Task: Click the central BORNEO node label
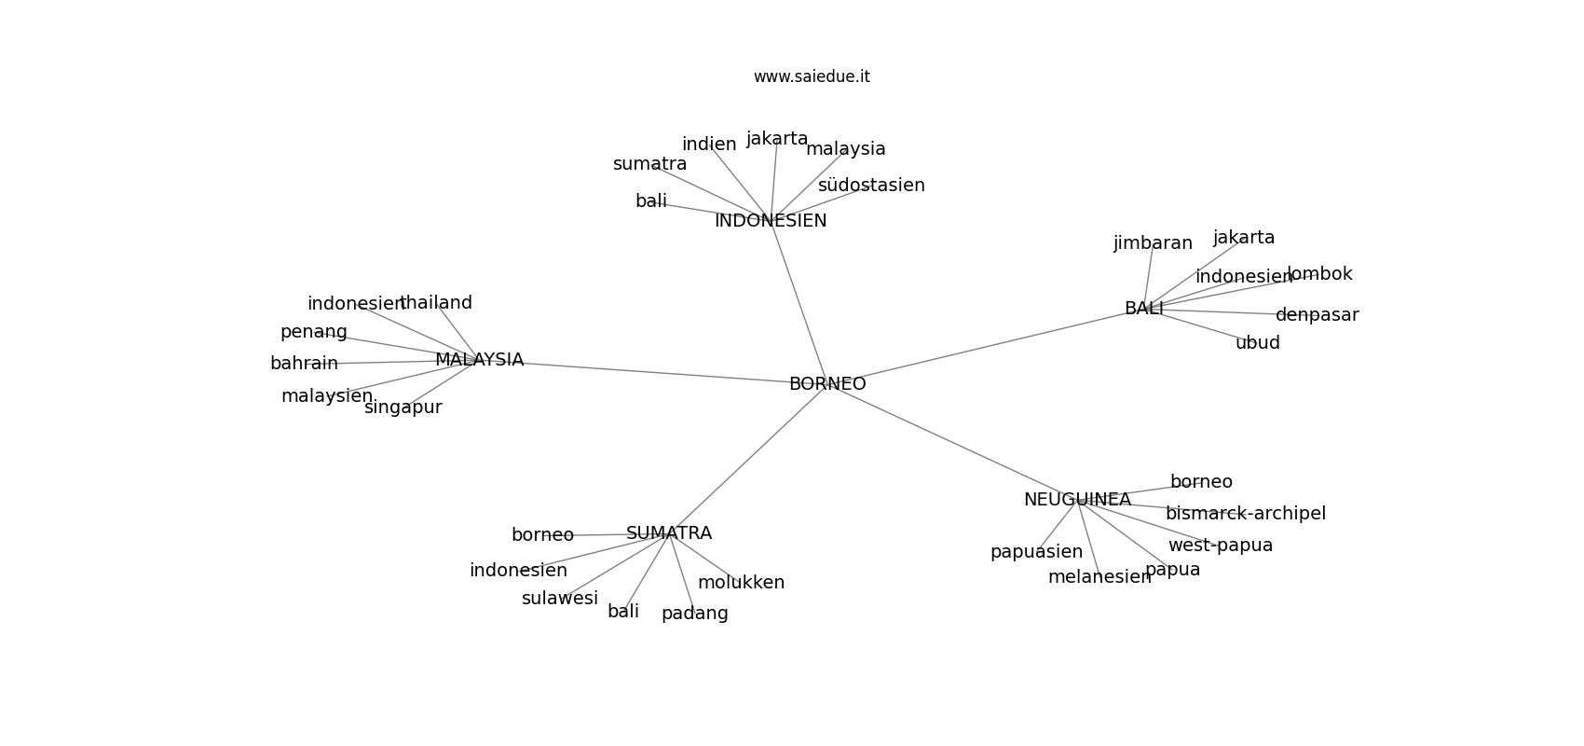point(827,383)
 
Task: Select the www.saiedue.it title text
point(812,76)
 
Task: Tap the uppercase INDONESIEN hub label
point(771,221)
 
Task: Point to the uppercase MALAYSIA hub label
point(480,360)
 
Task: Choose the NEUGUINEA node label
point(1078,500)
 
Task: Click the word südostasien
point(871,186)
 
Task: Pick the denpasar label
point(1318,316)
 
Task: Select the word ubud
point(1258,342)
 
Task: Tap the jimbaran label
point(1154,243)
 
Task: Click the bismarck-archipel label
point(1246,514)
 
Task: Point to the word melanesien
point(1099,577)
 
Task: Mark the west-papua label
point(1221,546)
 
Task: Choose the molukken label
point(741,583)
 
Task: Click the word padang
point(695,614)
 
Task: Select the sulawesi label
point(560,598)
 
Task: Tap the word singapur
point(403,408)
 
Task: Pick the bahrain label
point(304,364)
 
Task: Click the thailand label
point(436,303)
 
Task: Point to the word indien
point(709,145)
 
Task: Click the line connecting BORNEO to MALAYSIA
point(656,372)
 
